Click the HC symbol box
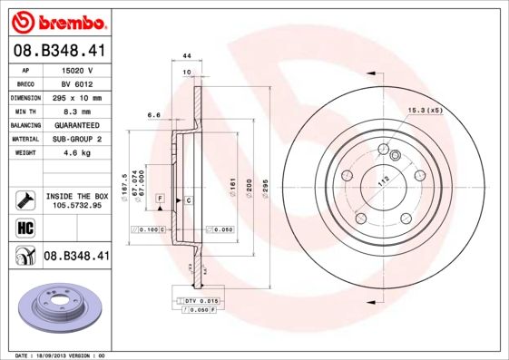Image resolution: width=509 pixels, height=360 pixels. (25, 227)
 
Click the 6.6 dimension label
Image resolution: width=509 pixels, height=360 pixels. (153, 116)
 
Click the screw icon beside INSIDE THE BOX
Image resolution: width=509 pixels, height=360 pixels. (25, 199)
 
